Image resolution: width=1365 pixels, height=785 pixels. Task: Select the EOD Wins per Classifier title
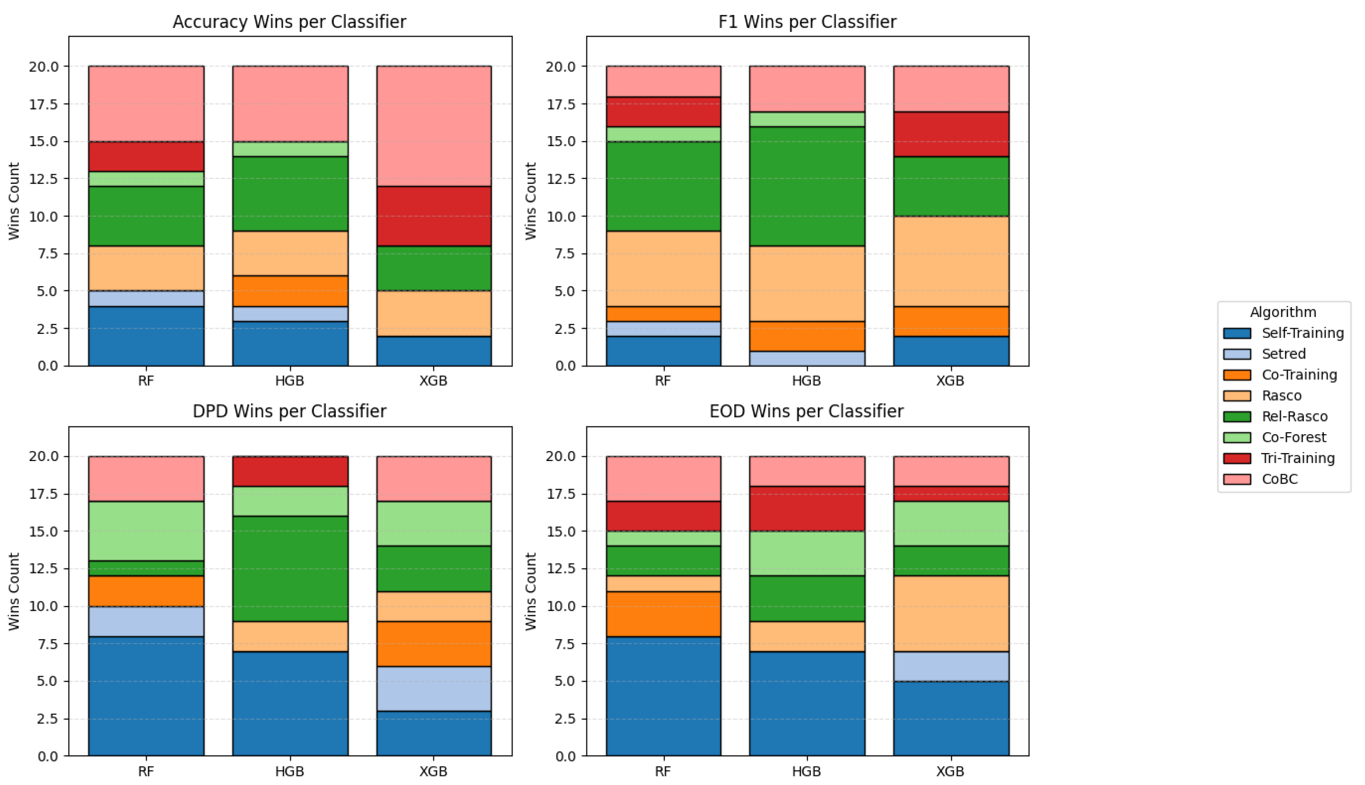pos(806,412)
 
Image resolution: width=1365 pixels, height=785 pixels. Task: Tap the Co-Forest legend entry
pos(1293,437)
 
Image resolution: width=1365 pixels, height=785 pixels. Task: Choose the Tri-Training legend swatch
pos(1237,458)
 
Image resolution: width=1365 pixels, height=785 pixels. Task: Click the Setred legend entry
pos(1283,354)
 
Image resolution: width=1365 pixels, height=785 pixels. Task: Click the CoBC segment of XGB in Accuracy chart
pos(434,126)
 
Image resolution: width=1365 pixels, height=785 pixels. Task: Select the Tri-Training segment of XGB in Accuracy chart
pos(434,216)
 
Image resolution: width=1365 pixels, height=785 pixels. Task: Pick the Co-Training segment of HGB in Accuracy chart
pos(290,291)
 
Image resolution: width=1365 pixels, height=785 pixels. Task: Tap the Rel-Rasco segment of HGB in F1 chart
pos(807,187)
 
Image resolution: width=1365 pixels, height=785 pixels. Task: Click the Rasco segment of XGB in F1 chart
pos(951,261)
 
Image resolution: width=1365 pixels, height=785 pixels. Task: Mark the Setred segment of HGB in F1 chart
pos(807,358)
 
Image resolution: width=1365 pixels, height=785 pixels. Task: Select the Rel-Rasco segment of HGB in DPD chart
pos(290,569)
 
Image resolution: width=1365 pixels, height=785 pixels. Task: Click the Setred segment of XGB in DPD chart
pos(434,689)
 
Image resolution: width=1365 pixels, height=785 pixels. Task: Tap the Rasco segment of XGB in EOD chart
pos(951,614)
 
